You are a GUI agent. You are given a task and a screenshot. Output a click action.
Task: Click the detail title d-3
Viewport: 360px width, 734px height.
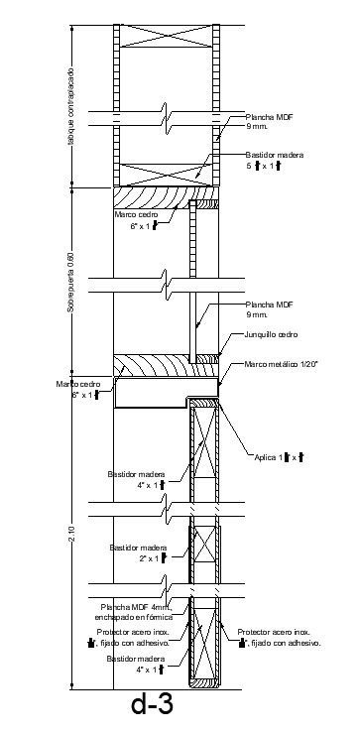[x=152, y=704]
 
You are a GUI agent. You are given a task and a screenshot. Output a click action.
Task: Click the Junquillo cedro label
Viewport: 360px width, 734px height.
[x=271, y=334]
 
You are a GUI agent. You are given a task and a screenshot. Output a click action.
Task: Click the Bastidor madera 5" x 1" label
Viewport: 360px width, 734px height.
[x=273, y=161]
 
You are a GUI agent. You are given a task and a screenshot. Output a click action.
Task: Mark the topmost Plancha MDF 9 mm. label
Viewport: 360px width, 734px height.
[x=270, y=121]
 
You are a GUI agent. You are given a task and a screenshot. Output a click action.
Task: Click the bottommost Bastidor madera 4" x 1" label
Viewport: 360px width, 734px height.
[x=138, y=664]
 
